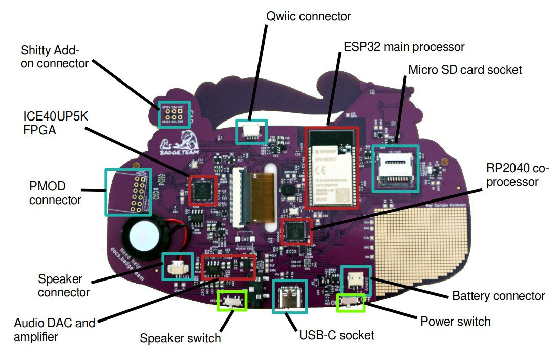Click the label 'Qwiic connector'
pyautogui.click(x=308, y=16)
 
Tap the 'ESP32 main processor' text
pyautogui.click(x=404, y=47)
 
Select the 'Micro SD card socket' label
pyautogui.click(x=465, y=69)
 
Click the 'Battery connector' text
pyautogui.click(x=498, y=296)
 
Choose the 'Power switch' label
pyautogui.click(x=455, y=321)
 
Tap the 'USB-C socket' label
pyautogui.click(x=336, y=335)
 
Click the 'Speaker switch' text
pyautogui.click(x=180, y=338)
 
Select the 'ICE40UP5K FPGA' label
pyautogui.click(x=48, y=123)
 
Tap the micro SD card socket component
pyautogui.click(x=395, y=169)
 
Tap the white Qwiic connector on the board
pyautogui.click(x=251, y=131)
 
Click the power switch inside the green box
pyautogui.click(x=351, y=302)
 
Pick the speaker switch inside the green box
pyautogui.click(x=232, y=300)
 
